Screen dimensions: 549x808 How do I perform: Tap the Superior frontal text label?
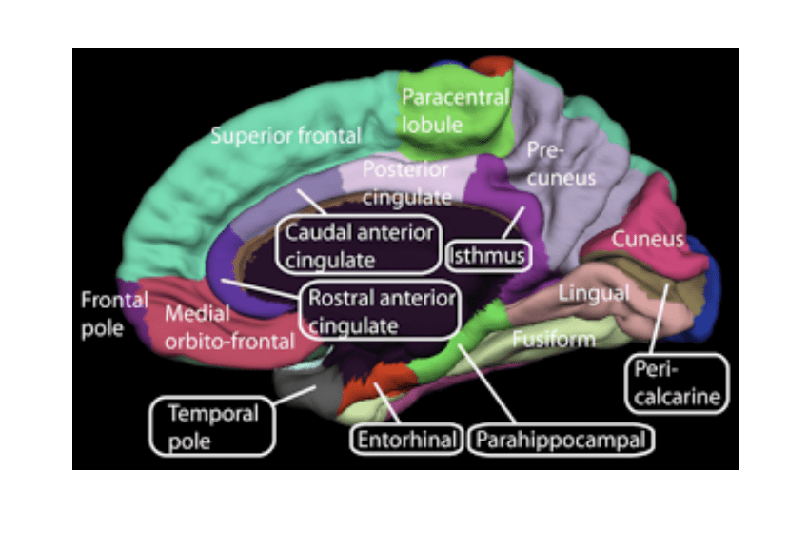[285, 135]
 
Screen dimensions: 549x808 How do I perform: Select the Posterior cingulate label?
[404, 183]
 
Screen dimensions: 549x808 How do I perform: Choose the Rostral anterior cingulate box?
[379, 311]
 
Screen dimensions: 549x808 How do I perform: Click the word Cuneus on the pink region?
[647, 239]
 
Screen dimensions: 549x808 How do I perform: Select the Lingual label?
[592, 293]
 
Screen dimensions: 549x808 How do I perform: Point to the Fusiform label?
[554, 338]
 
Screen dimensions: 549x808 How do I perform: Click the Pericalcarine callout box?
[676, 383]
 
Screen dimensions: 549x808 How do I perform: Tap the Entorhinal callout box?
[408, 440]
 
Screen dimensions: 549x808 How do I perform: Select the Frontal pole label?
[113, 314]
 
